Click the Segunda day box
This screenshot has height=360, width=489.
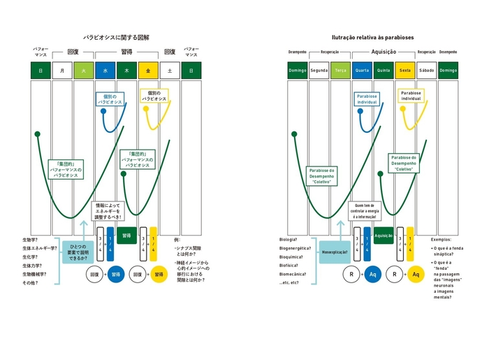click(319, 70)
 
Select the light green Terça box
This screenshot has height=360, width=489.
click(340, 70)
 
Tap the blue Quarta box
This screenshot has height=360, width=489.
click(362, 70)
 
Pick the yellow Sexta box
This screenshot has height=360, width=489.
click(405, 70)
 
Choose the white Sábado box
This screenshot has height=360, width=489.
click(427, 70)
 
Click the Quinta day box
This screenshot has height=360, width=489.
click(384, 70)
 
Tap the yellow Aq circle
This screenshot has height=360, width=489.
click(416, 274)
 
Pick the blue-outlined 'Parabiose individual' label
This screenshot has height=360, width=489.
click(366, 99)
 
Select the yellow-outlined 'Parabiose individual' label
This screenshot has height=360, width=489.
click(411, 96)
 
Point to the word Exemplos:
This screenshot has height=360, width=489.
click(441, 239)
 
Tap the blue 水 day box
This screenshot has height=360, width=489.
click(105, 70)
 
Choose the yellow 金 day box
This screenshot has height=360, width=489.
click(148, 70)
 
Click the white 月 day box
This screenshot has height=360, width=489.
click(62, 70)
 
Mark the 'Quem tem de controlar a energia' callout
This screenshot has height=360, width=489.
click(366, 210)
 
